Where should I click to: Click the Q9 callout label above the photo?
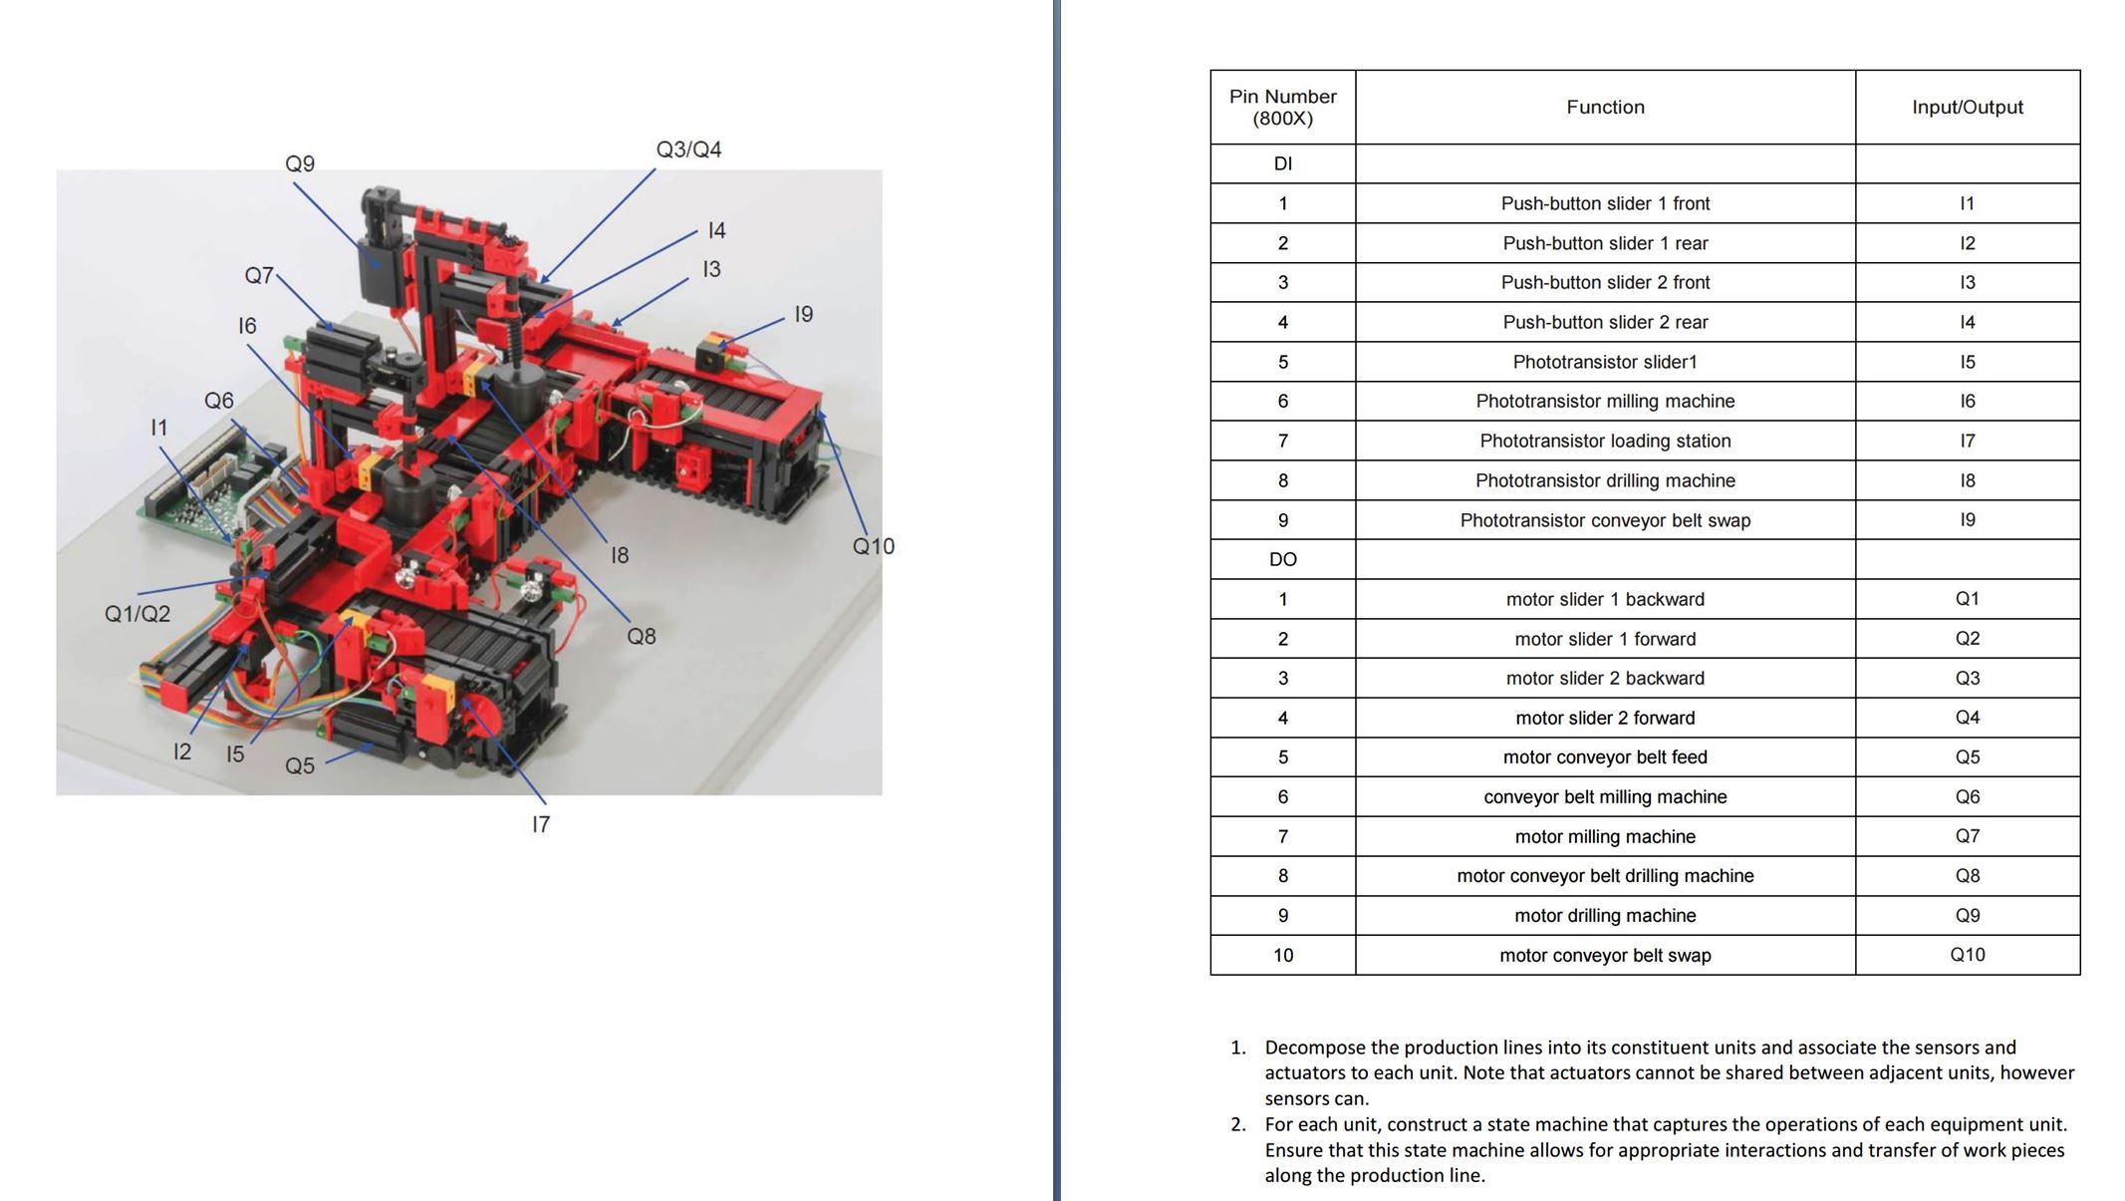pos(300,163)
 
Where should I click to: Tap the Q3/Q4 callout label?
pos(688,150)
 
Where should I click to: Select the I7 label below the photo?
pos(540,824)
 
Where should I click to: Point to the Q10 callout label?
pos(873,546)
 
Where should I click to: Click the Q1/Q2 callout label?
pos(137,614)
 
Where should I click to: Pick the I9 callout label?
pos(803,315)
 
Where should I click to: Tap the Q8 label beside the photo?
pos(641,636)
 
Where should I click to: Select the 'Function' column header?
pos(1605,107)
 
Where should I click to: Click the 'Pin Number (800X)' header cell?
pos(1282,107)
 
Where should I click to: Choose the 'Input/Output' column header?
pos(1967,107)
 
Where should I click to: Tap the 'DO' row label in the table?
pos(1282,559)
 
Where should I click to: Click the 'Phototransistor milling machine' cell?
pos(1605,401)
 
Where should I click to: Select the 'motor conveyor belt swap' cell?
pos(1605,955)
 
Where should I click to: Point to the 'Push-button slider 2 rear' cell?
pos(1605,322)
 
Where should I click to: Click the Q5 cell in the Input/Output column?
pos(1967,756)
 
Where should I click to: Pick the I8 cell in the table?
pos(1967,480)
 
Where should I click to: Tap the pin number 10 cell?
pos(1282,955)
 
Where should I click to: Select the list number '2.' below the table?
pos(1238,1124)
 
